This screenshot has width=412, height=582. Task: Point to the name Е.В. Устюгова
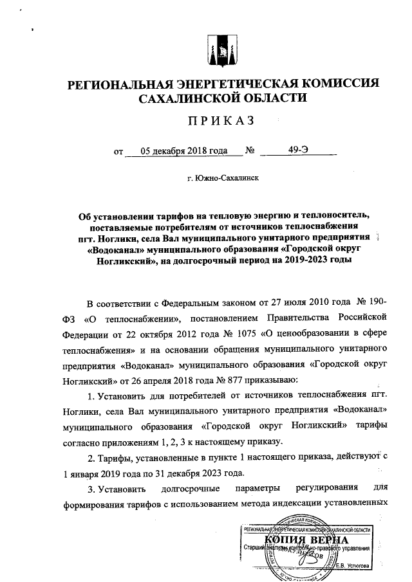(353, 564)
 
